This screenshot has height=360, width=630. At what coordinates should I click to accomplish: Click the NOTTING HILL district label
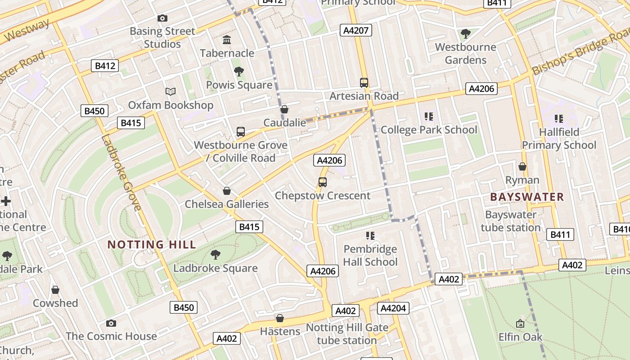coord(152,245)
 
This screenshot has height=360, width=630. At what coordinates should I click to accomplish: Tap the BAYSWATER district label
coord(526,197)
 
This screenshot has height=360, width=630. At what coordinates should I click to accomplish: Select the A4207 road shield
coord(355,30)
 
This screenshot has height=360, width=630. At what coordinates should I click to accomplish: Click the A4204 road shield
coord(393,308)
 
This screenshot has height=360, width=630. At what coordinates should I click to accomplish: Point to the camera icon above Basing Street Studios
coord(162,18)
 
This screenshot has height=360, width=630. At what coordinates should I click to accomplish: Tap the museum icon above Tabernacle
coord(227,40)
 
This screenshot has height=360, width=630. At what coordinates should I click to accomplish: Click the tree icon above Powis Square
coord(239,72)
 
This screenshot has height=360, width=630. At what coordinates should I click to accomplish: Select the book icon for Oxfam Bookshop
coord(170,92)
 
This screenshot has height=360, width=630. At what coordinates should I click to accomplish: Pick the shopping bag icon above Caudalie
coord(284,109)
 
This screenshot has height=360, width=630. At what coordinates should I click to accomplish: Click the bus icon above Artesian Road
coord(364,83)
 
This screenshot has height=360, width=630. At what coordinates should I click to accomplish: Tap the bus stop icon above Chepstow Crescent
coord(322,182)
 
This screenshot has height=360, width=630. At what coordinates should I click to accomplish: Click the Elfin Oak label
coord(520,337)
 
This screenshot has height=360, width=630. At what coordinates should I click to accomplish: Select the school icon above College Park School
coord(428,117)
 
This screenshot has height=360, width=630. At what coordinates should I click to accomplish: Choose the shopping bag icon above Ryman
coord(522,167)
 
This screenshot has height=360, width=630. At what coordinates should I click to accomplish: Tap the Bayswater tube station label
coord(511,221)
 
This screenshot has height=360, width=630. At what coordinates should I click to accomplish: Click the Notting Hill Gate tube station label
coord(346,334)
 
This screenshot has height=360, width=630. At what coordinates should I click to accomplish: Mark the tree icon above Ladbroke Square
coord(216,255)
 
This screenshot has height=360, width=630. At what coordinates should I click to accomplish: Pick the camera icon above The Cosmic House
coord(111,323)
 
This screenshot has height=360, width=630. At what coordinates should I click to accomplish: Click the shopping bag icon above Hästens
coord(280,319)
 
